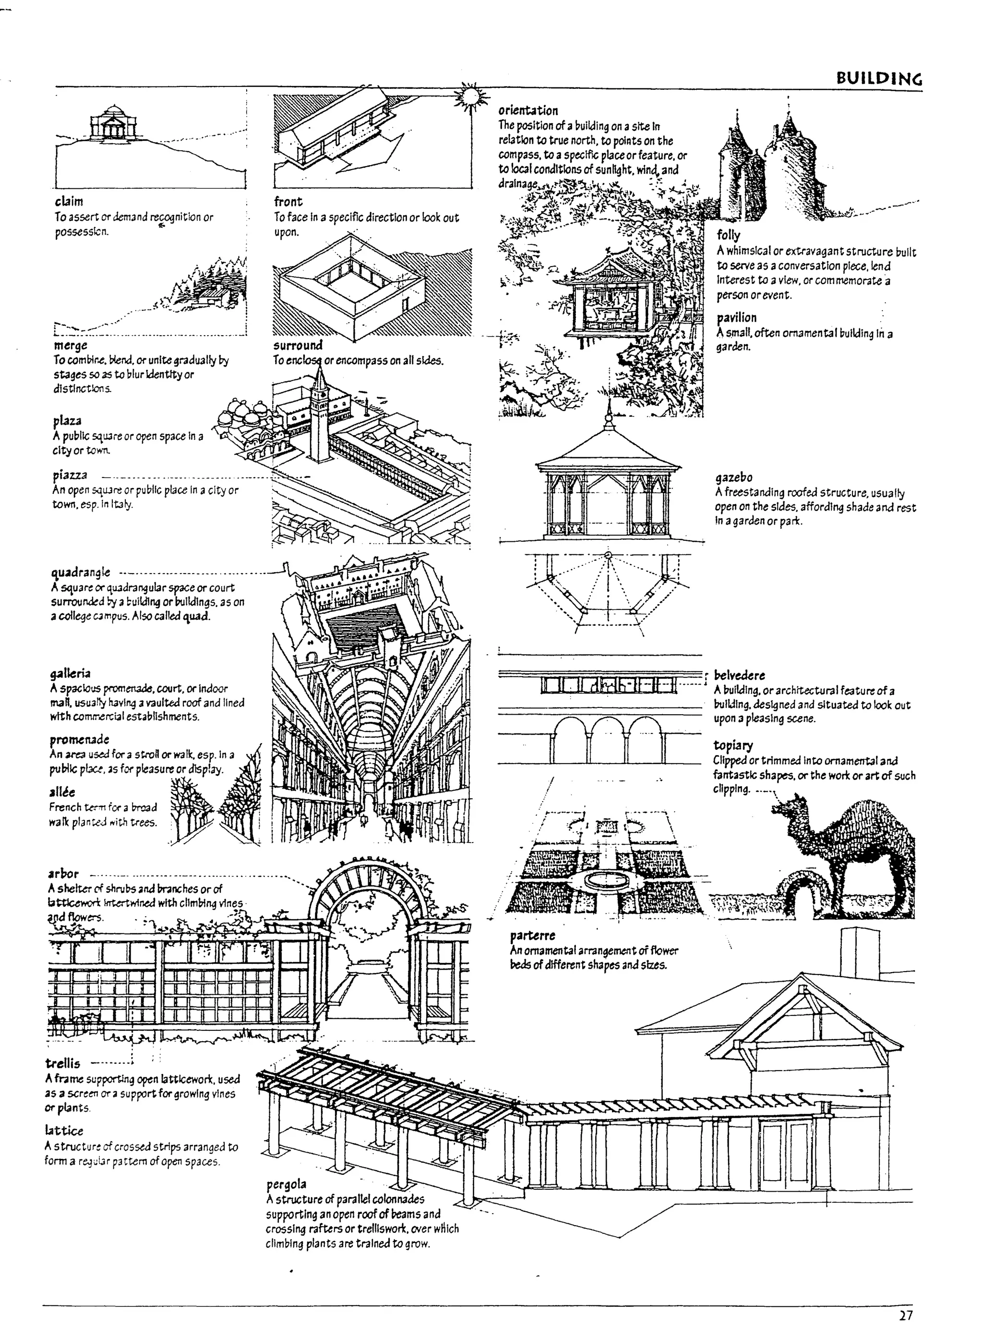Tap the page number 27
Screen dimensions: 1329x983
click(x=906, y=1315)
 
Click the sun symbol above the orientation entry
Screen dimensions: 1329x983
click(x=471, y=97)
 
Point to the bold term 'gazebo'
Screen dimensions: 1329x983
click(x=734, y=477)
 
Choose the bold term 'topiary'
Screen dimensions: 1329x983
click(x=733, y=745)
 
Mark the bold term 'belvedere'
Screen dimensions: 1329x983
click(x=739, y=675)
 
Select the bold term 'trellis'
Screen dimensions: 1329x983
click(x=62, y=1063)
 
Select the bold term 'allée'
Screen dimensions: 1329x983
click(x=62, y=792)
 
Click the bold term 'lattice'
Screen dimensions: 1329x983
click(x=64, y=1130)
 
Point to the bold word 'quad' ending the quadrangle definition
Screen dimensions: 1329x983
click(x=196, y=616)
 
